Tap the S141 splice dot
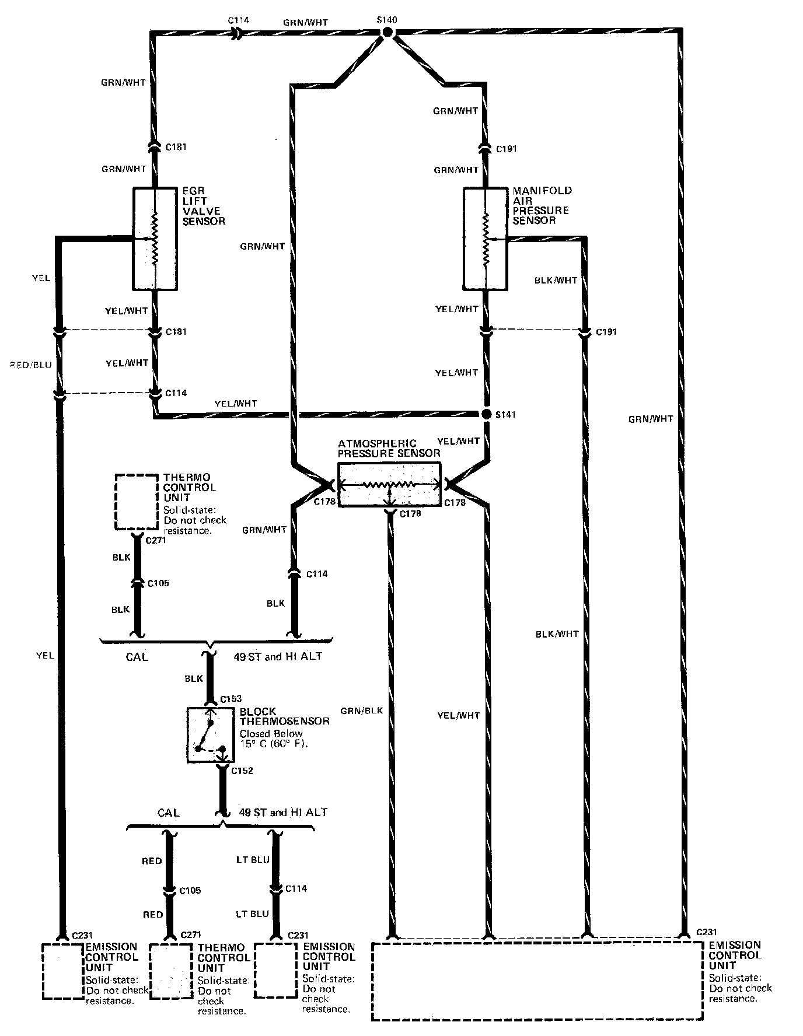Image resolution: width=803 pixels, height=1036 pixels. coord(486,414)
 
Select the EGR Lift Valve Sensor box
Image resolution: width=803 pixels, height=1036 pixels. coord(155,239)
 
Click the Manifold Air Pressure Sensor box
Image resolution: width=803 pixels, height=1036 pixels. coord(486,238)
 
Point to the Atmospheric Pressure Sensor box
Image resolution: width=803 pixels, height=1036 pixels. coord(389,485)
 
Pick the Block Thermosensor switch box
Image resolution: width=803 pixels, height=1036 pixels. coord(210,735)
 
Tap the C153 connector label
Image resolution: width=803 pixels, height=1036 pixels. coord(231,699)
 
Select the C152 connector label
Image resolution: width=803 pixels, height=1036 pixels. coord(242,771)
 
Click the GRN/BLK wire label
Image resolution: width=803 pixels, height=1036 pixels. coord(362,710)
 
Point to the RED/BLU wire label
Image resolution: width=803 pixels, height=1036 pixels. coord(31,365)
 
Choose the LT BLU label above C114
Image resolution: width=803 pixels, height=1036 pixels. coord(253,860)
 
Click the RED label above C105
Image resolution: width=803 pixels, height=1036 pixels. coord(152,861)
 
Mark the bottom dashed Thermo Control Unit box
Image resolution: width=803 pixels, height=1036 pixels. coord(170,971)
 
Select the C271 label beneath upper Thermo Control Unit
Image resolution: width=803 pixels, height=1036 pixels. coord(156,540)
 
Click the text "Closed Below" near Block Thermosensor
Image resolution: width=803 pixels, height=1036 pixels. coord(271,733)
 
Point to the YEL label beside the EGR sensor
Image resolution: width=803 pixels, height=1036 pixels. coord(41,278)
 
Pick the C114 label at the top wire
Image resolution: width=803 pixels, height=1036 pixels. coord(238,20)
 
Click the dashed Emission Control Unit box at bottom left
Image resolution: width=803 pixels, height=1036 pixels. coord(63,971)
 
